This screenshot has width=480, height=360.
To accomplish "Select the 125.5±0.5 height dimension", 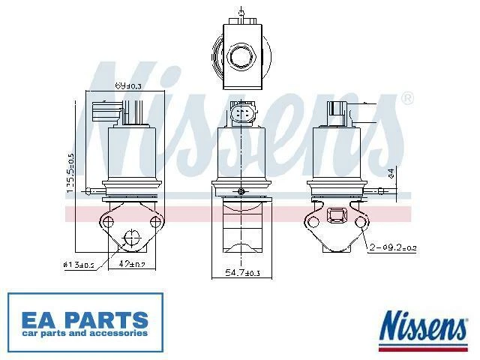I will (70, 174).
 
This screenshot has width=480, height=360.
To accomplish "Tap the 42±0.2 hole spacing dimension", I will (136, 263).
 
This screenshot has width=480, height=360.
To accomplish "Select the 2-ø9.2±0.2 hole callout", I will (389, 246).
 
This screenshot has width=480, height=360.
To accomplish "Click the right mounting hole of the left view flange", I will (156, 222).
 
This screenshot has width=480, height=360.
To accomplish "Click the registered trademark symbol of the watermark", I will (407, 98).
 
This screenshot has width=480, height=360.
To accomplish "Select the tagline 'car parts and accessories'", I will (84, 332).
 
